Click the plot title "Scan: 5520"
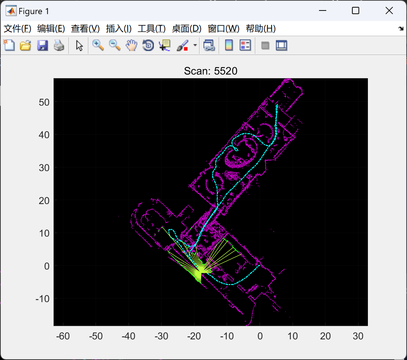click(x=210, y=71)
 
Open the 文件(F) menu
click(x=17, y=29)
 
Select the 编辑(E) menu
click(x=51, y=29)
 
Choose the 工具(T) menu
click(x=152, y=29)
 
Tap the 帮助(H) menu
click(x=261, y=29)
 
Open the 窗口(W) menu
click(x=223, y=29)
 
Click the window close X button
click(x=389, y=10)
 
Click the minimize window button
click(x=322, y=10)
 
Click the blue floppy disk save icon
click(x=43, y=45)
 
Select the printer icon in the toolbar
click(x=59, y=45)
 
